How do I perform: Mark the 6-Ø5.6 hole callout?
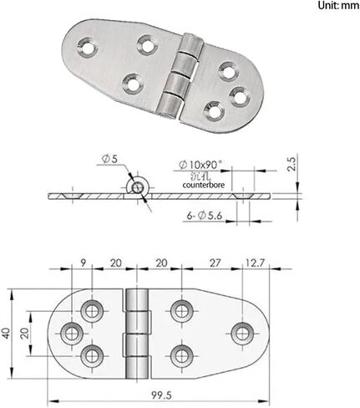coord(206,216)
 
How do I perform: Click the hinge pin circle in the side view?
coord(135,186)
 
